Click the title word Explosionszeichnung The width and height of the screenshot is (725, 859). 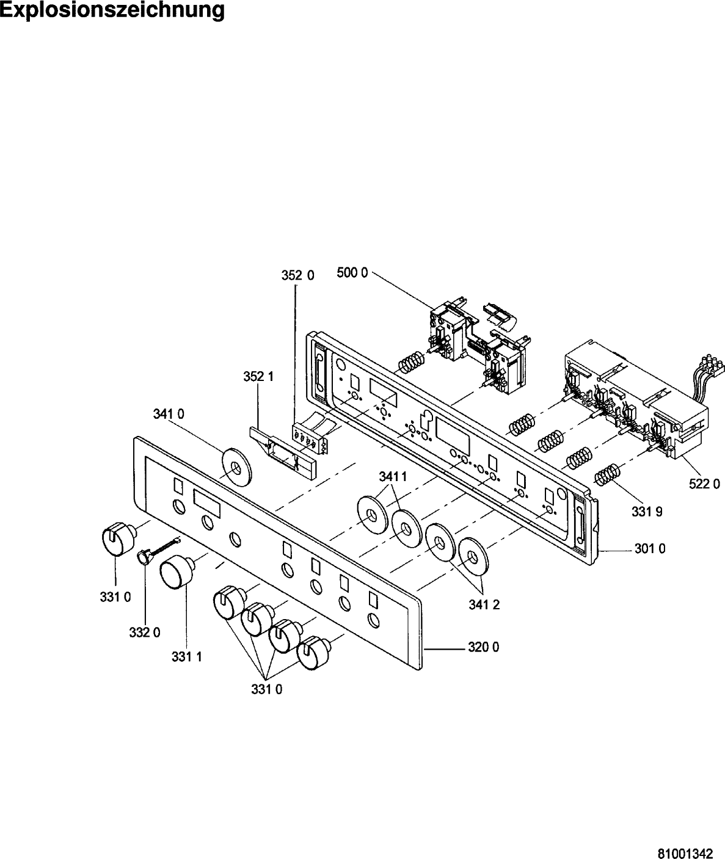112,10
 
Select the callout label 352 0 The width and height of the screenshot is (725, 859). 297,275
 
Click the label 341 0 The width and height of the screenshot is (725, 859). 169,414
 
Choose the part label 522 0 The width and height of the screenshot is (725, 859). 699,484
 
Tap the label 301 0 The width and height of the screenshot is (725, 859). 649,549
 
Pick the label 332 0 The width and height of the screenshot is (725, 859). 145,632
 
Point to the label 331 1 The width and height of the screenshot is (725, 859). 187,657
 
